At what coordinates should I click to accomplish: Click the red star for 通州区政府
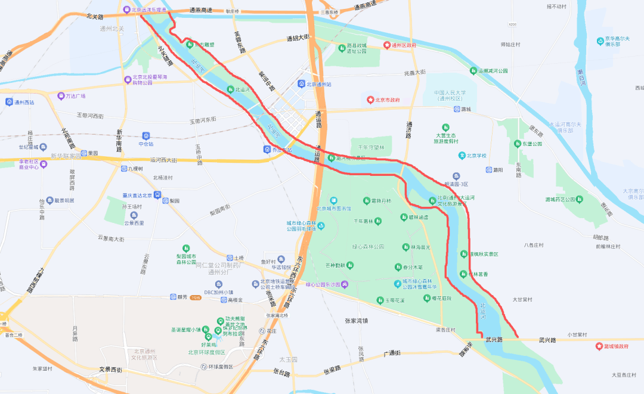386,45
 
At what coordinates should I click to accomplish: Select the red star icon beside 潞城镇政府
599,346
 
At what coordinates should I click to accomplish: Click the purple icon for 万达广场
61,96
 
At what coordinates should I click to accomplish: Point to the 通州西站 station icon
9,102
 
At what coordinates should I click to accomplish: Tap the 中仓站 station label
146,144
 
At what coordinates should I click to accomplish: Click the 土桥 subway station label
239,258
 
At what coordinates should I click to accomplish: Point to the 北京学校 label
476,156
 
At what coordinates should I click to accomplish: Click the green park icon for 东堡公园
517,144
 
